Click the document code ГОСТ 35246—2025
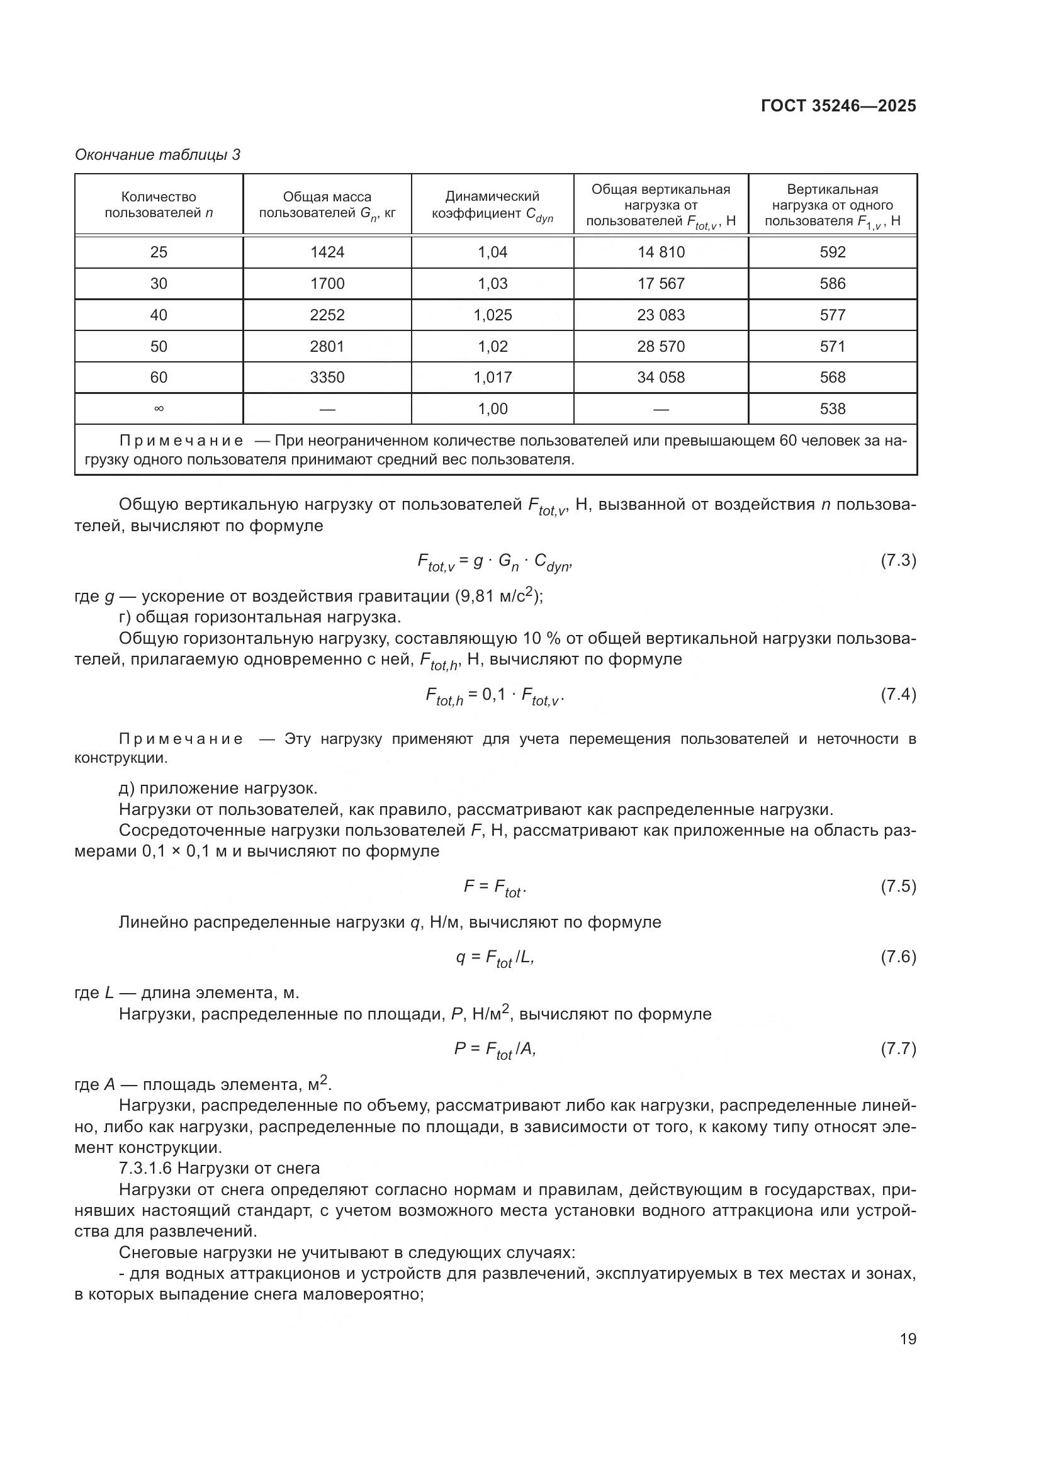838,106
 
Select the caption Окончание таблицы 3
158,155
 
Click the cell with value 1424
327,252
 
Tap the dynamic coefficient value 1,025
492,315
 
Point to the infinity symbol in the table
159,409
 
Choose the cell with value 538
832,409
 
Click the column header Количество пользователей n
159,205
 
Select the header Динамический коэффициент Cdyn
492,206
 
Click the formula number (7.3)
898,560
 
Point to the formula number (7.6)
898,957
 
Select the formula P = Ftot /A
494,1049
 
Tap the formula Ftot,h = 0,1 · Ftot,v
494,695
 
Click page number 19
908,1339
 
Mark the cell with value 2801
327,346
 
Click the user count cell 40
159,315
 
